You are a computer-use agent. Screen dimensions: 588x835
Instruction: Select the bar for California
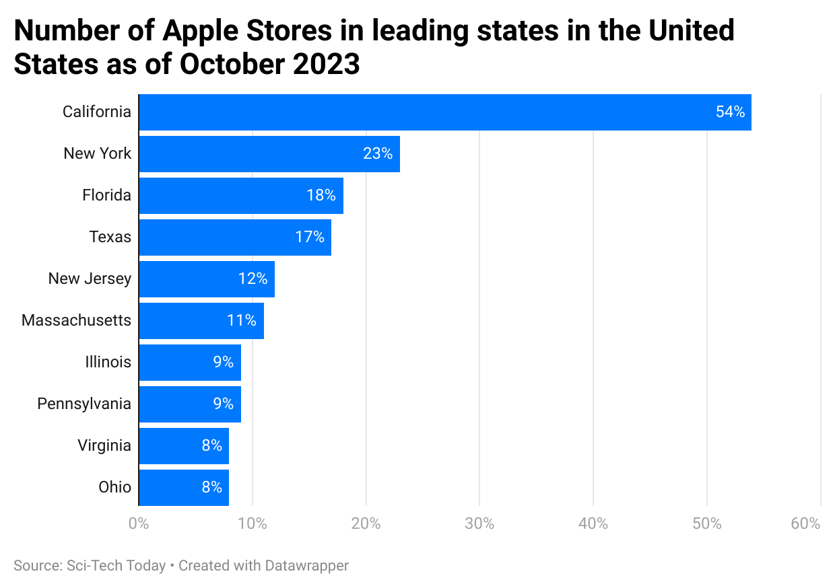coord(444,112)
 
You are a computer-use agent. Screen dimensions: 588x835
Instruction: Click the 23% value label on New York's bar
coord(377,154)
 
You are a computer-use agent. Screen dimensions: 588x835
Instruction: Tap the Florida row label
coord(106,196)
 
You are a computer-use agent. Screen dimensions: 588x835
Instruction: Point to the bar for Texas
coord(234,237)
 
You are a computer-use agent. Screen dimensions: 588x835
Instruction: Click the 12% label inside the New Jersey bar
coord(253,279)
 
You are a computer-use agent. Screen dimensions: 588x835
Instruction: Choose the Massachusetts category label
coord(76,321)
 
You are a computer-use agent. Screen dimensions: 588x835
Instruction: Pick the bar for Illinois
coord(189,363)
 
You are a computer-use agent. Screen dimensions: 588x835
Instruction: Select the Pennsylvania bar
coord(189,404)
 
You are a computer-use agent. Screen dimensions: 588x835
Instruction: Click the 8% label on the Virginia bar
coord(211,446)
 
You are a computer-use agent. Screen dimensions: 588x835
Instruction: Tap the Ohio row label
coord(114,488)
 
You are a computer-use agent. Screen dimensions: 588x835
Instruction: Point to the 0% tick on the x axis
coord(139,524)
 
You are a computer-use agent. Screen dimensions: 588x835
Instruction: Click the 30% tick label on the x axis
coord(479,524)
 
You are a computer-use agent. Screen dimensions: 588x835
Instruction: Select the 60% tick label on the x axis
coord(805,524)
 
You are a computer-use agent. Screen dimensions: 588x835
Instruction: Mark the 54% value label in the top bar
coord(730,112)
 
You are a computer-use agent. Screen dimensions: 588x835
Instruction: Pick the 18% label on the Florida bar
coord(321,196)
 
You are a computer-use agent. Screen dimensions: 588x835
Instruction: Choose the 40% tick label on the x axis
coord(593,524)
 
